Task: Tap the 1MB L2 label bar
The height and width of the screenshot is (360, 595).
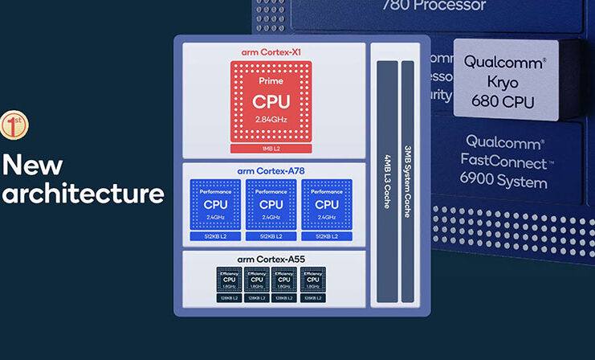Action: coord(271,149)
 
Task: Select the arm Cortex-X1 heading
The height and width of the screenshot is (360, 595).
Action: coord(271,52)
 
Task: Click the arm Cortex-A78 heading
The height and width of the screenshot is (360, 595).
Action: coord(271,170)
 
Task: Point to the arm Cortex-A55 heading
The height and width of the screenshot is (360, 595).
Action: coord(271,259)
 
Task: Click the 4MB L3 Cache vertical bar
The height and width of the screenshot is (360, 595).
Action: coord(386,181)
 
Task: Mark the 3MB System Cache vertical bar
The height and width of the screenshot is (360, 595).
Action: coord(408,181)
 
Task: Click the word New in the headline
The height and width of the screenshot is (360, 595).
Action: coord(32,164)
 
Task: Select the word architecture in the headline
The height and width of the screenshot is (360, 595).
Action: coord(83,194)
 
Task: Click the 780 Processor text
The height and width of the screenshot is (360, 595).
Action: coord(434,6)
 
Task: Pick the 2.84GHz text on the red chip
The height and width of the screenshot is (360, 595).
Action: coord(271,120)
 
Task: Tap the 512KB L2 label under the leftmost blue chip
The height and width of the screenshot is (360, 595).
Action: coord(215,236)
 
